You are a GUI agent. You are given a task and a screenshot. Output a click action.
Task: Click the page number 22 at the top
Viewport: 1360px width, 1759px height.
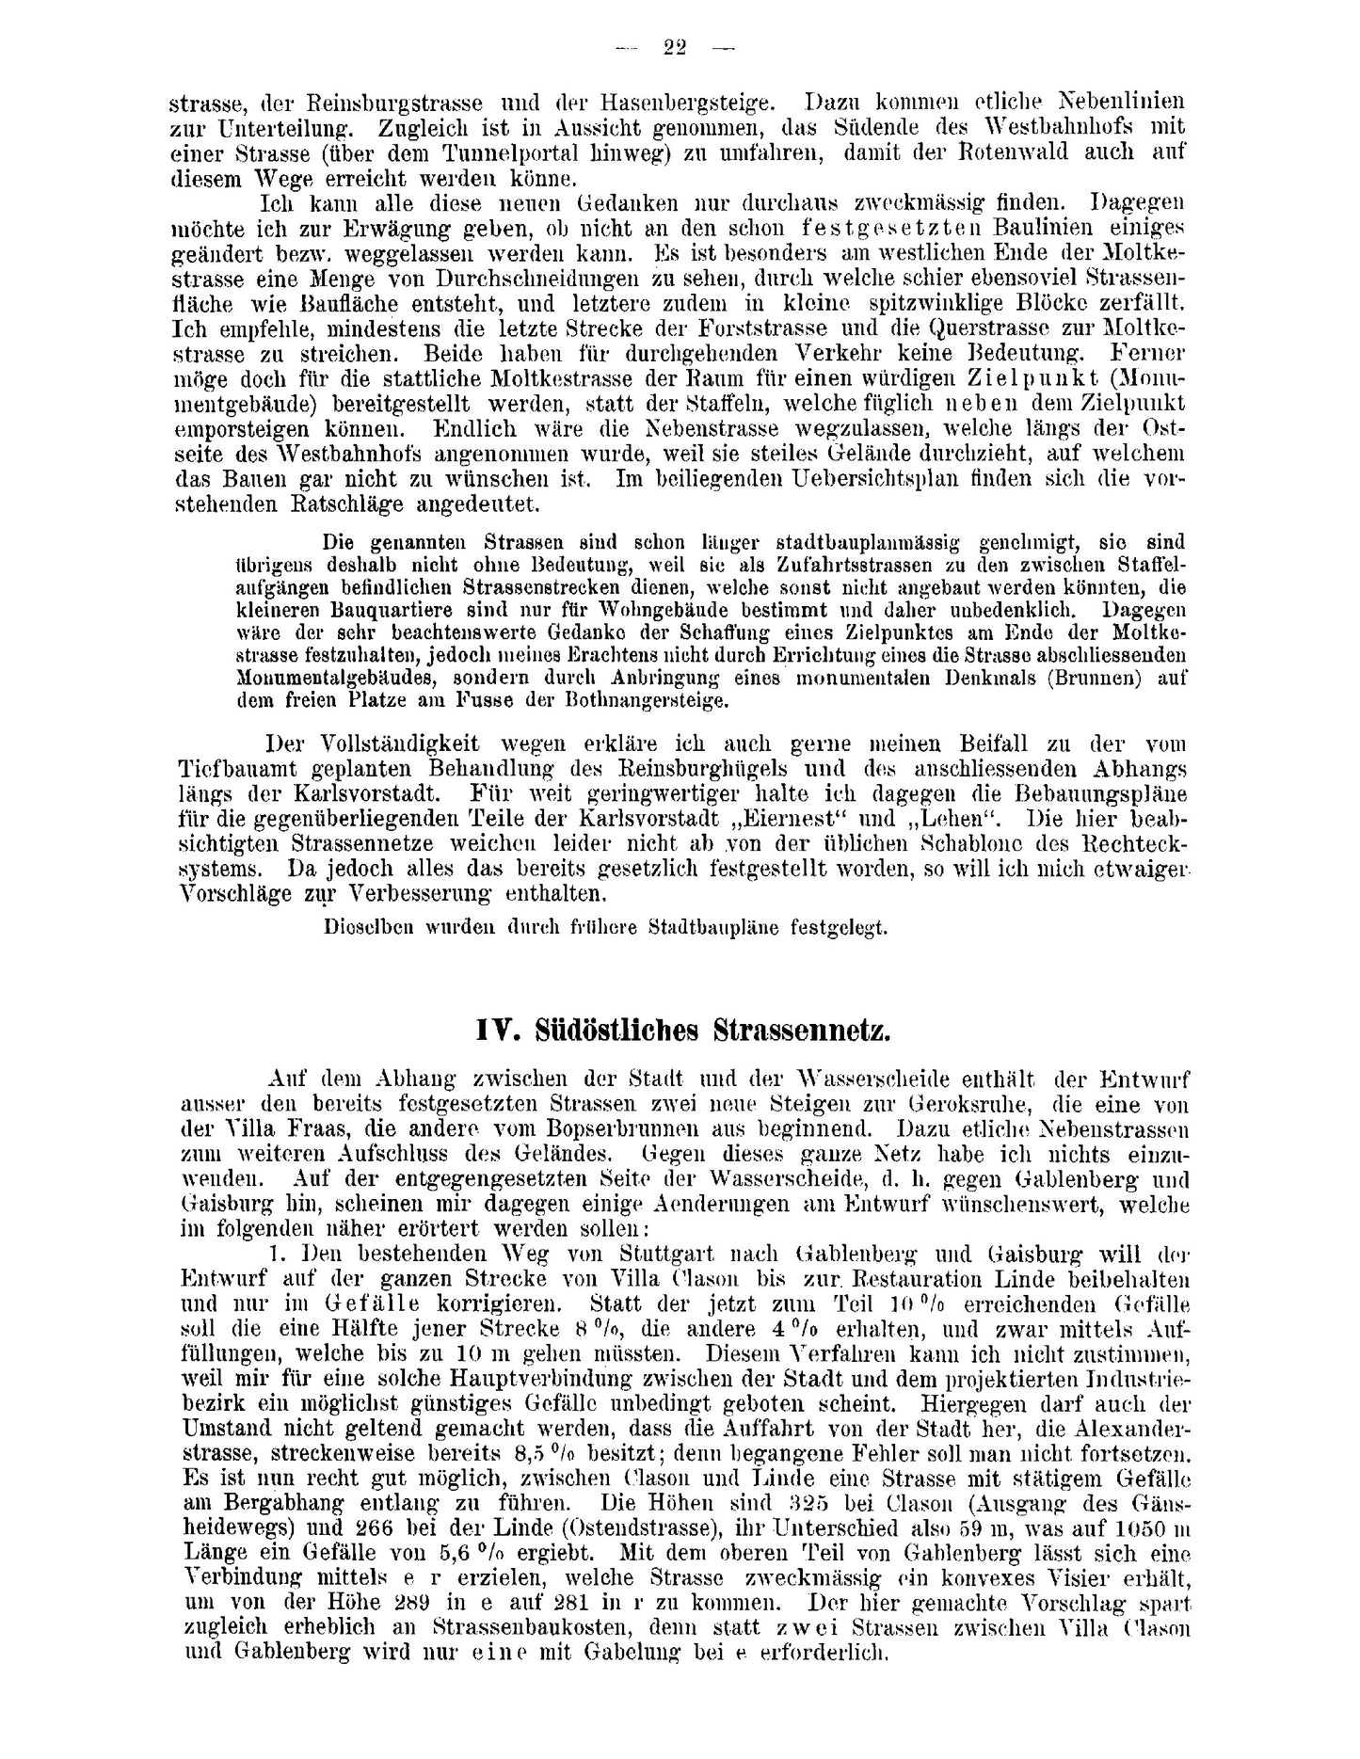[674, 49]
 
